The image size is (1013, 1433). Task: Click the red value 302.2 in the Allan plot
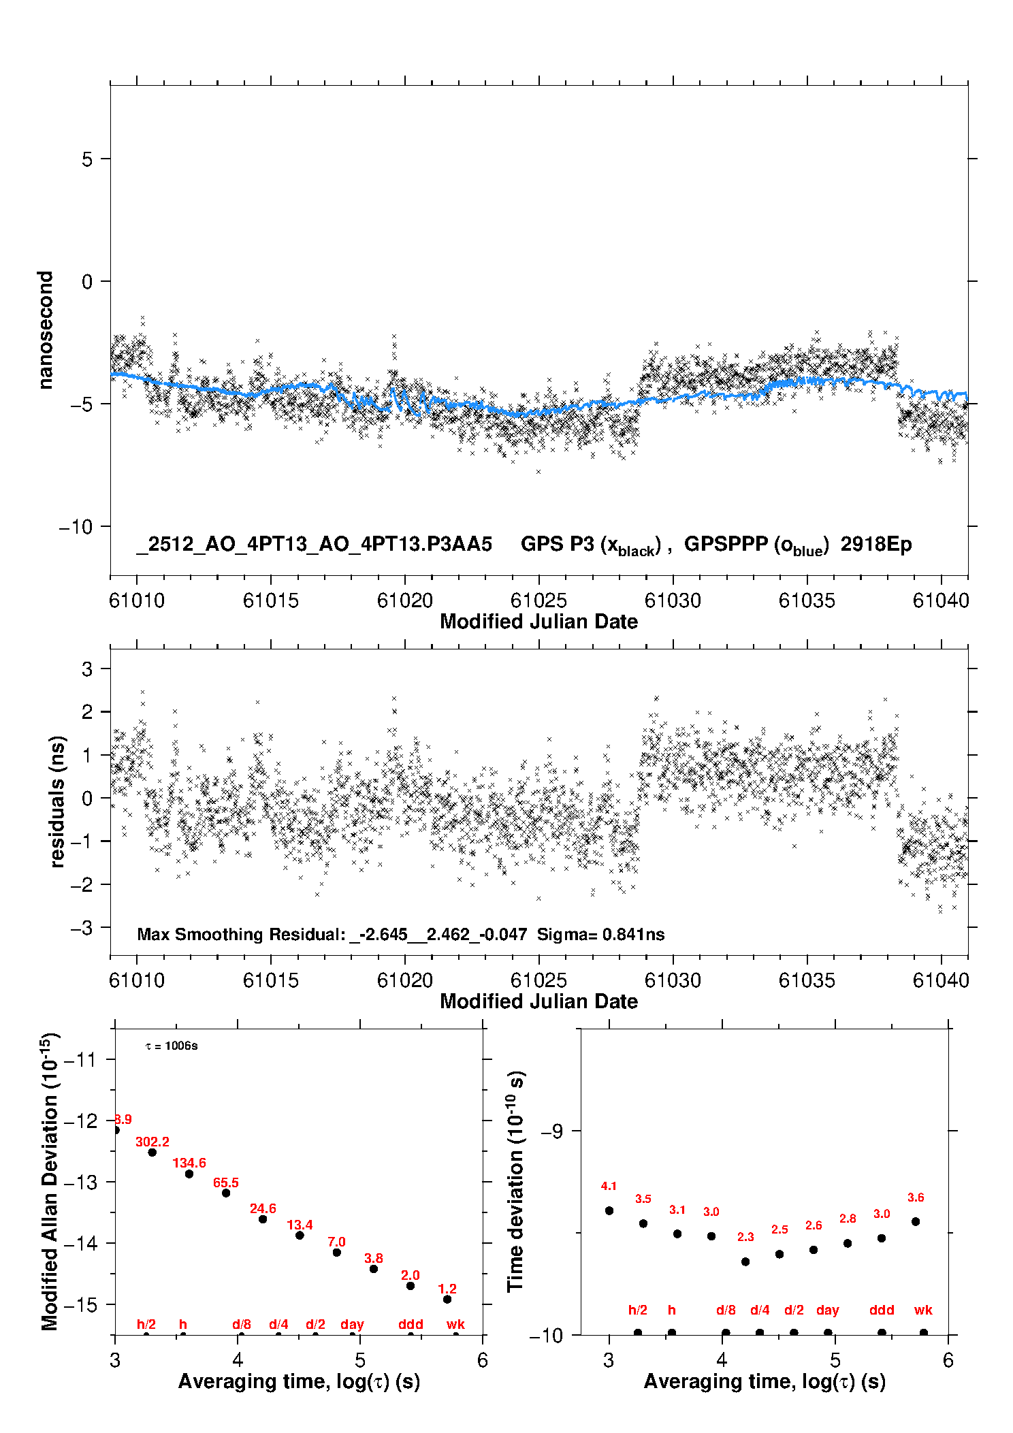pyautogui.click(x=152, y=1142)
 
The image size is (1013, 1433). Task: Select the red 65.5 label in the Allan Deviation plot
pyautogui.click(x=226, y=1182)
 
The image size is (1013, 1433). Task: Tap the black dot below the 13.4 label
pyautogui.click(x=300, y=1235)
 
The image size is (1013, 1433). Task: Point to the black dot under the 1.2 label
pyautogui.click(x=447, y=1299)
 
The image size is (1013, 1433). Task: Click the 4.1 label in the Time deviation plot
pyautogui.click(x=609, y=1186)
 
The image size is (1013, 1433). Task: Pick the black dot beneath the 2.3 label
pyautogui.click(x=745, y=1261)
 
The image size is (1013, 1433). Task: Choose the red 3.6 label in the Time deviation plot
pyautogui.click(x=916, y=1197)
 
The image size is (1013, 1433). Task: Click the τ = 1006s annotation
pyautogui.click(x=172, y=1046)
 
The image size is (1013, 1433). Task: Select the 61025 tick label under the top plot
pyautogui.click(x=538, y=600)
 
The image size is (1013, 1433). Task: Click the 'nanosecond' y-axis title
pyautogui.click(x=45, y=330)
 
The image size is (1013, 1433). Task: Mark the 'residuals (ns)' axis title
pyautogui.click(x=57, y=801)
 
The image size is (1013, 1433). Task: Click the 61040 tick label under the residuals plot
pyautogui.click(x=941, y=980)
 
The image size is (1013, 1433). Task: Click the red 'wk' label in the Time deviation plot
pyautogui.click(x=923, y=1310)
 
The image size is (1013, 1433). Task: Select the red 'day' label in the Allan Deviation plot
pyautogui.click(x=352, y=1324)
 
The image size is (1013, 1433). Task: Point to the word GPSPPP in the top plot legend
pyautogui.click(x=726, y=544)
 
